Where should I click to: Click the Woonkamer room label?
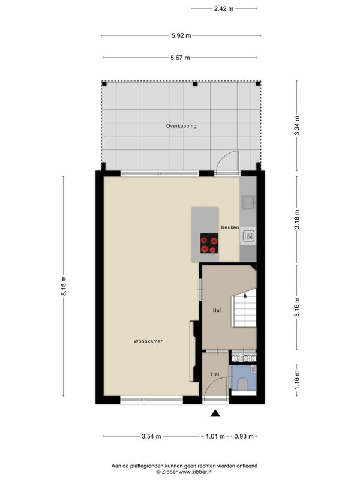point(148,341)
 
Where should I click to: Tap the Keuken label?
point(230,227)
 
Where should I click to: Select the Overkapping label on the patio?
point(181,126)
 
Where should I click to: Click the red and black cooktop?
point(209,243)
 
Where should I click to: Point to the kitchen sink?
point(248,202)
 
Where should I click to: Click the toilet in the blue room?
point(243,384)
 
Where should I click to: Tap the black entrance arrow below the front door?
point(215,413)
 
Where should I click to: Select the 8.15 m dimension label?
point(64,286)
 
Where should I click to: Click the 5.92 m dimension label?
point(181,35)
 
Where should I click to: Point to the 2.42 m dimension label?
point(223,8)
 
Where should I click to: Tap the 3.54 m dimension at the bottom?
point(151,436)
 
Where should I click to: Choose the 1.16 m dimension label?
point(297,380)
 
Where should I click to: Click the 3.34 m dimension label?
point(297,126)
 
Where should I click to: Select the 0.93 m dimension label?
point(244,436)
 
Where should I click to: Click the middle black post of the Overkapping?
point(195,84)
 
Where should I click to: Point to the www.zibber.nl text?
point(196,472)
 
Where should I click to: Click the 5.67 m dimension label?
point(180,58)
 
